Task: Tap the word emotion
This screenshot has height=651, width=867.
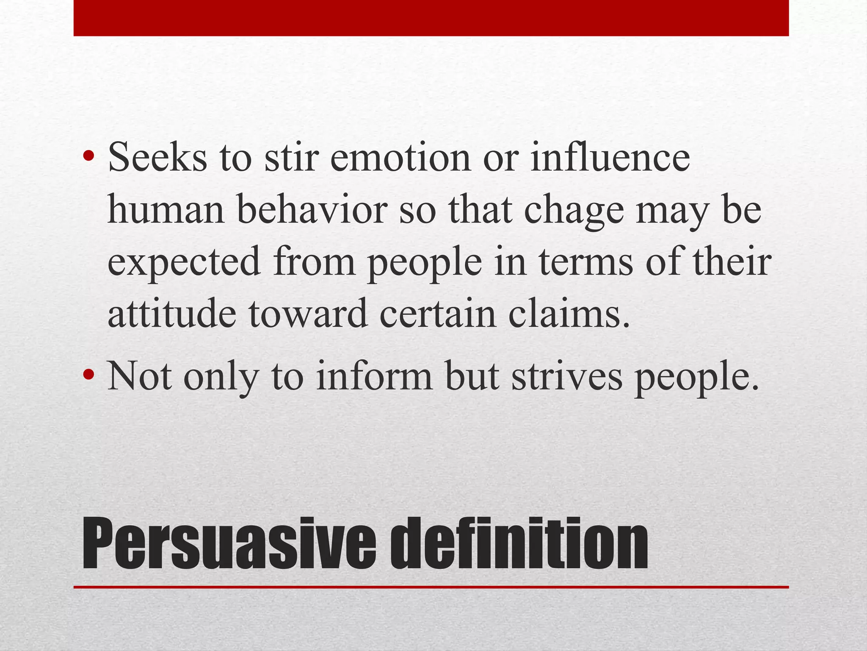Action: (400, 157)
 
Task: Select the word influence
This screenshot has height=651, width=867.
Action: (610, 157)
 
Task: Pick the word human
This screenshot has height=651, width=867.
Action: (166, 209)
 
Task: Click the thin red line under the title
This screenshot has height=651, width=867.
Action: (431, 587)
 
